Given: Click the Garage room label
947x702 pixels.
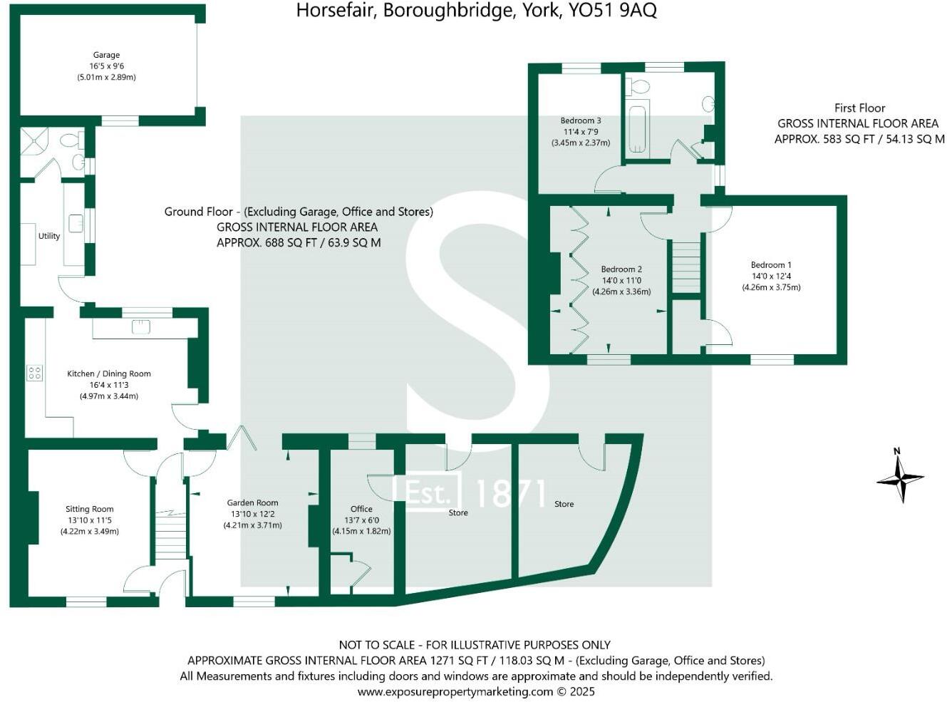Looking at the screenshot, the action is click(106, 55).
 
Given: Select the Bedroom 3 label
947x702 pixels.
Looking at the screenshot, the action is click(581, 120).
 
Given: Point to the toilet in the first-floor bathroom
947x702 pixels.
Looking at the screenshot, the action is click(640, 88).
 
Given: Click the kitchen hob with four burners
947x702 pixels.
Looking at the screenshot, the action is click(34, 373).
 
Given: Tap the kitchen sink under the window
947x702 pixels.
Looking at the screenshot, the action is click(141, 326).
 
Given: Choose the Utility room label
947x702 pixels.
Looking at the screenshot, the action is click(49, 236).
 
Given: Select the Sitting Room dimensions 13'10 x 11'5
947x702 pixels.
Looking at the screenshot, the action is click(89, 520).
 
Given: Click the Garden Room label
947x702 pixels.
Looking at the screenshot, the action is click(252, 502).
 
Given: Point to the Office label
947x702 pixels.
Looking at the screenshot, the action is click(361, 509).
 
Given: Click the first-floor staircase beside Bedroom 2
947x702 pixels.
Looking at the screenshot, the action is click(686, 266).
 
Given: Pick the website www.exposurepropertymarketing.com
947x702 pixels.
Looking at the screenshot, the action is click(455, 691).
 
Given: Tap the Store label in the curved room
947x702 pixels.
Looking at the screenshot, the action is click(564, 504).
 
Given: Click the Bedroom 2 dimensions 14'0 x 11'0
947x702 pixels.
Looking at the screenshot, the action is click(621, 280).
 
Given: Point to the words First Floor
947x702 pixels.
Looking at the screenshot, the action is click(859, 108).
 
